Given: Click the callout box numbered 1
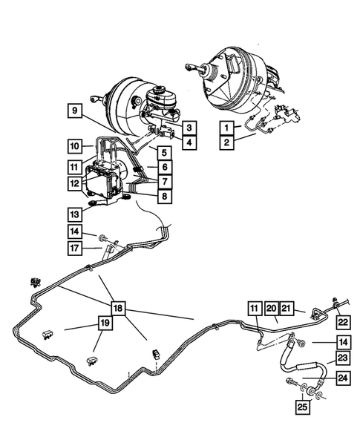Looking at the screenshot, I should point(226,127).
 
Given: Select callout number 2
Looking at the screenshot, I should point(226,141).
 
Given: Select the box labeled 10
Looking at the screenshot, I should point(74,145).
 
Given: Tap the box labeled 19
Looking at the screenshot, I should point(106,323).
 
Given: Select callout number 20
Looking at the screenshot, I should point(271,308).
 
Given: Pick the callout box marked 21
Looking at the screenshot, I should point(287,308).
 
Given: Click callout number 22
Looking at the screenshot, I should point(342,321).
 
